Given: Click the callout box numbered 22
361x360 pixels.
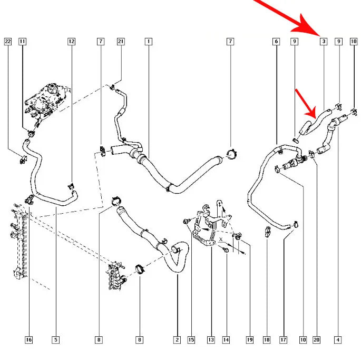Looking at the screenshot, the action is coord(8,42).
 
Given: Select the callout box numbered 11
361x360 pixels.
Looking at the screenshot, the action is coord(22,42).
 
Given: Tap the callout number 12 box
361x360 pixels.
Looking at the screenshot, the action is coord(71,42).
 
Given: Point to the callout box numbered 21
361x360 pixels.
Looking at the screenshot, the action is coord(121,42).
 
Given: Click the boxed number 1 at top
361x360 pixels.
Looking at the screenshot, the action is coord(149,42).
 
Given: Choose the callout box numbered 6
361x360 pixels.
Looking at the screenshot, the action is coord(276,42).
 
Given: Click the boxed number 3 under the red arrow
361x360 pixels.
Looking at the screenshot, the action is coord(324,42).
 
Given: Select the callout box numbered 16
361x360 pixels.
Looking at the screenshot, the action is coord(28,340).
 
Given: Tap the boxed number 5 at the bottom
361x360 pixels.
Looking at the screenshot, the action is coord(56,340).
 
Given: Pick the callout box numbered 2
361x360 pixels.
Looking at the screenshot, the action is coord(177,340).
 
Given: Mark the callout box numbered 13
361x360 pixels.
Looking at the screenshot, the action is coord(211,340).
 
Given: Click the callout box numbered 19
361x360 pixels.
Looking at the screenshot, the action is coord(250,340).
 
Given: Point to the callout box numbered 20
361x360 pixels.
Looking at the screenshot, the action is coord(317,340).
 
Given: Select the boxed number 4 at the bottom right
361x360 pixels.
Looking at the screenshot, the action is coord(338,340).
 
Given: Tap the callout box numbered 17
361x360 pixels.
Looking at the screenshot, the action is coord(284,340).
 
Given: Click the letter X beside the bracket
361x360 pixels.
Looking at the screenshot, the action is coord(221,239).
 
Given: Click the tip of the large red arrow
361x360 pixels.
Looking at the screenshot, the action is coord(320,36).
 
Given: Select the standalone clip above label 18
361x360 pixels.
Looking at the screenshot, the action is coord(267,231).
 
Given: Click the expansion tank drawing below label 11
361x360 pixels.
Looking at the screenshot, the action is coord(47,99).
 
